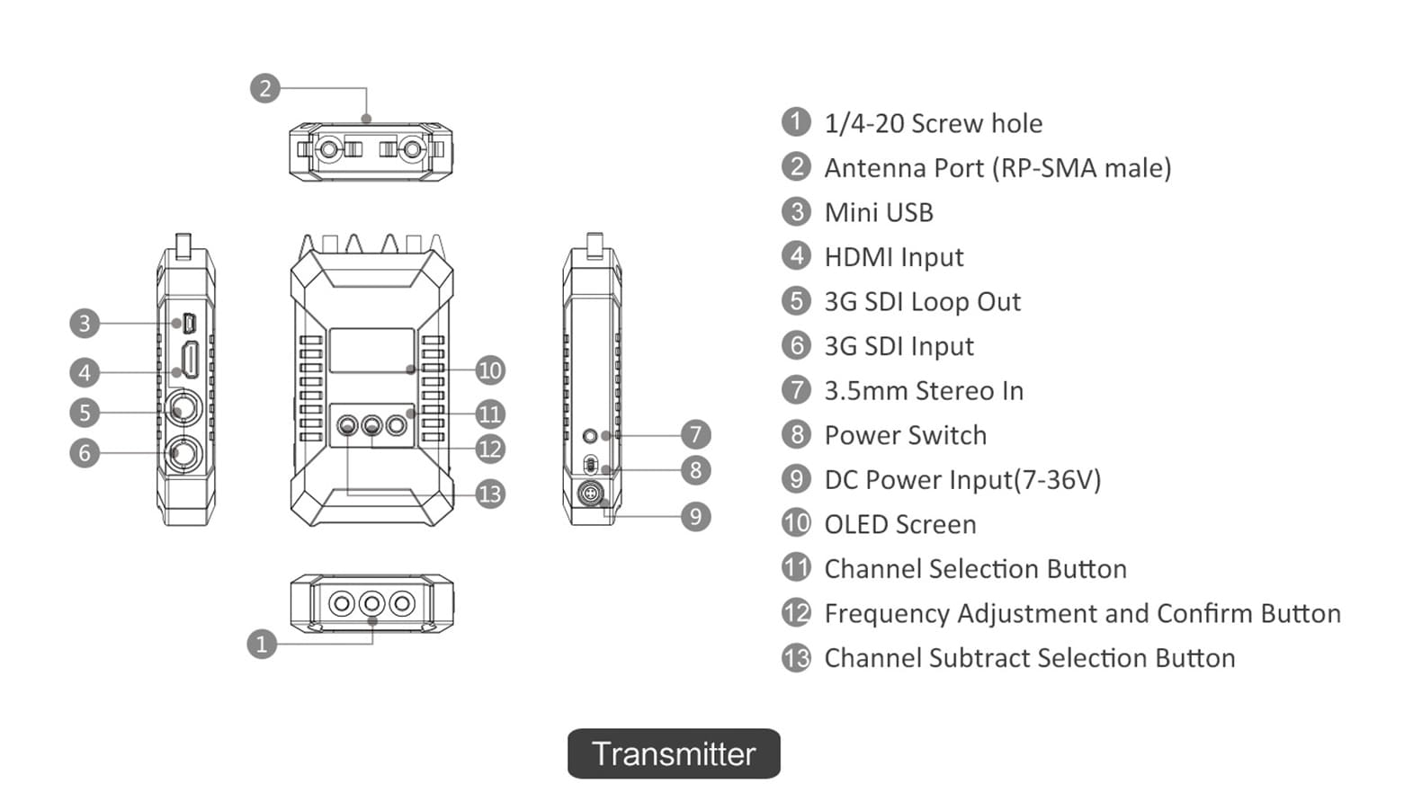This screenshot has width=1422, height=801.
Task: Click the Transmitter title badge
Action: [674, 753]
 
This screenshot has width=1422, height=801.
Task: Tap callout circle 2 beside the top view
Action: [265, 88]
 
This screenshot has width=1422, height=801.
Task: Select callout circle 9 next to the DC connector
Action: [696, 517]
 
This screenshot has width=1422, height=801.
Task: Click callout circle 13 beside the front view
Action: [490, 494]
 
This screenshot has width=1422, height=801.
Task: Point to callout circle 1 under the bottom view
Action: [262, 645]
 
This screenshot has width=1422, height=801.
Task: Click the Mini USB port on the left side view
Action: [190, 323]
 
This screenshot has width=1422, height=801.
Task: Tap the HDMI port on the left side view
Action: [190, 360]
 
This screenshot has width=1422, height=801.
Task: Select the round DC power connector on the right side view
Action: [590, 493]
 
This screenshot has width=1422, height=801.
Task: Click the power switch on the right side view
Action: [590, 466]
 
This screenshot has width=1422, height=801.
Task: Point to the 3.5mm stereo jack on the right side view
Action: [590, 436]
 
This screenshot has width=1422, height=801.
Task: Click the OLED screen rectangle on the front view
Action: [372, 351]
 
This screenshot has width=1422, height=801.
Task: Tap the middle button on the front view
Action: [372, 424]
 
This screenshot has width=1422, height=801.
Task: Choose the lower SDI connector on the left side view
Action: [183, 453]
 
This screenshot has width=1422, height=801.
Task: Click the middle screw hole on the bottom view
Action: [372, 603]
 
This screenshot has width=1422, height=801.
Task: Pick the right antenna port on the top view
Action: [413, 150]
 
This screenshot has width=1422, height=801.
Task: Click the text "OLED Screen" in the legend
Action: [900, 524]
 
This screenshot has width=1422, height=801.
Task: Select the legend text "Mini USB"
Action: [879, 213]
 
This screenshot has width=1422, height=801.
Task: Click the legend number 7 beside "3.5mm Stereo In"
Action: [796, 389]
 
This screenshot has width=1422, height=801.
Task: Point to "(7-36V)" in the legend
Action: [1057, 480]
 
